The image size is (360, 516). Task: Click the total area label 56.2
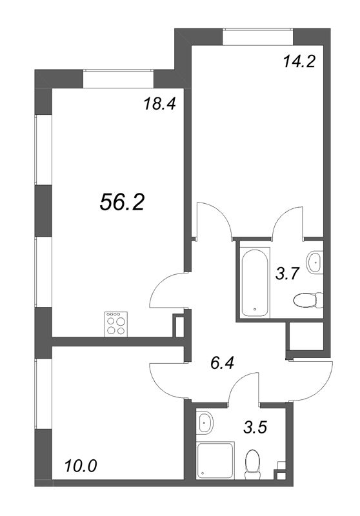coord(122,202)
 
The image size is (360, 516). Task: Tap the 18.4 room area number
coord(159,104)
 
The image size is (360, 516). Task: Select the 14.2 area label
coord(299,61)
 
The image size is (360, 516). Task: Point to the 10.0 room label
coord(81,466)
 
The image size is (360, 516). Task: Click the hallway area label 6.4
coord(221,363)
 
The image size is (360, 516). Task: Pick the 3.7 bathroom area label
coord(287,273)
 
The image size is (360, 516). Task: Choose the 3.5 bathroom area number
coord(255,428)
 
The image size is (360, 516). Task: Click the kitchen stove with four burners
coord(116,324)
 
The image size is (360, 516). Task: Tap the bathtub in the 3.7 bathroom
coord(254,283)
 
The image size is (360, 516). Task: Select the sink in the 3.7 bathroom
coord(314,263)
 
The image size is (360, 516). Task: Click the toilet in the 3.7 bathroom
coord(308,300)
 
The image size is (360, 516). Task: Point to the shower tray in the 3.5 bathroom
coord(215,460)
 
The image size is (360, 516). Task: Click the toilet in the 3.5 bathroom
coord(253,464)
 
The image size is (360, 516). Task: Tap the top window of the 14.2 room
coord(257,37)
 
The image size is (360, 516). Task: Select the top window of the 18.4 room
coord(118,79)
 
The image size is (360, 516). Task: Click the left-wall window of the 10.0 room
coord(43,393)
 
